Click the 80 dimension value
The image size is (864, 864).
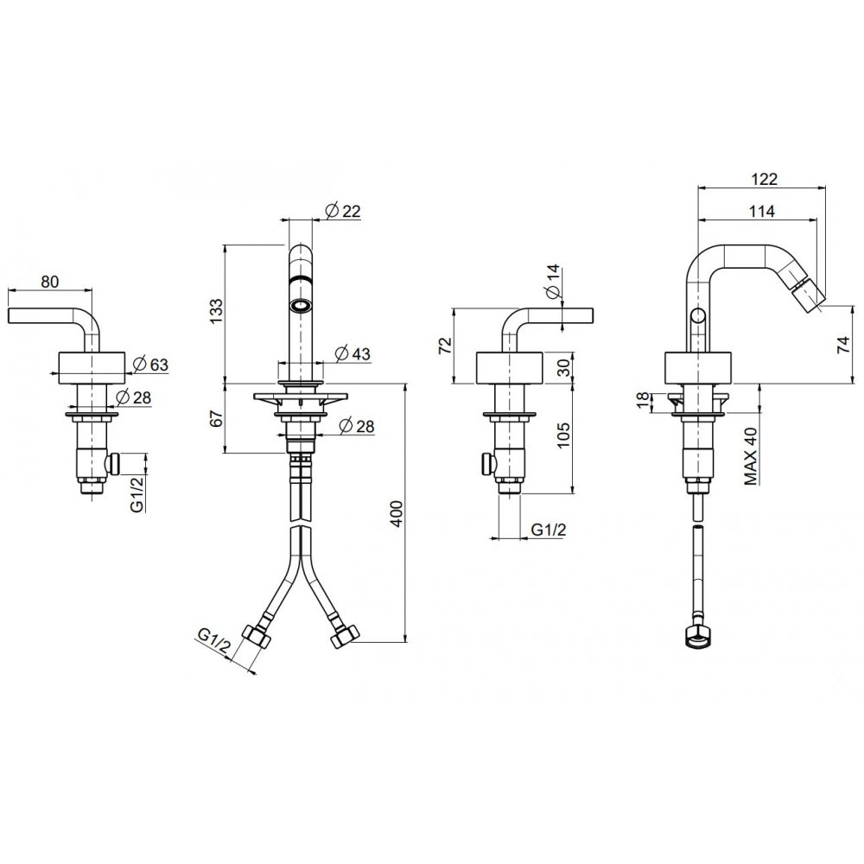49,282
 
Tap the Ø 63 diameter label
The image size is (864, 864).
150,365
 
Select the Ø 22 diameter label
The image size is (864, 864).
343,211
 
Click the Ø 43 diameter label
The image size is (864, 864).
353,353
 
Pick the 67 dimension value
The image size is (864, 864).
216,418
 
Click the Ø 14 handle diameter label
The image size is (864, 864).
553,283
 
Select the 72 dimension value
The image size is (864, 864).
445,345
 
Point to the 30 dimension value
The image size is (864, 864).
562,368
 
